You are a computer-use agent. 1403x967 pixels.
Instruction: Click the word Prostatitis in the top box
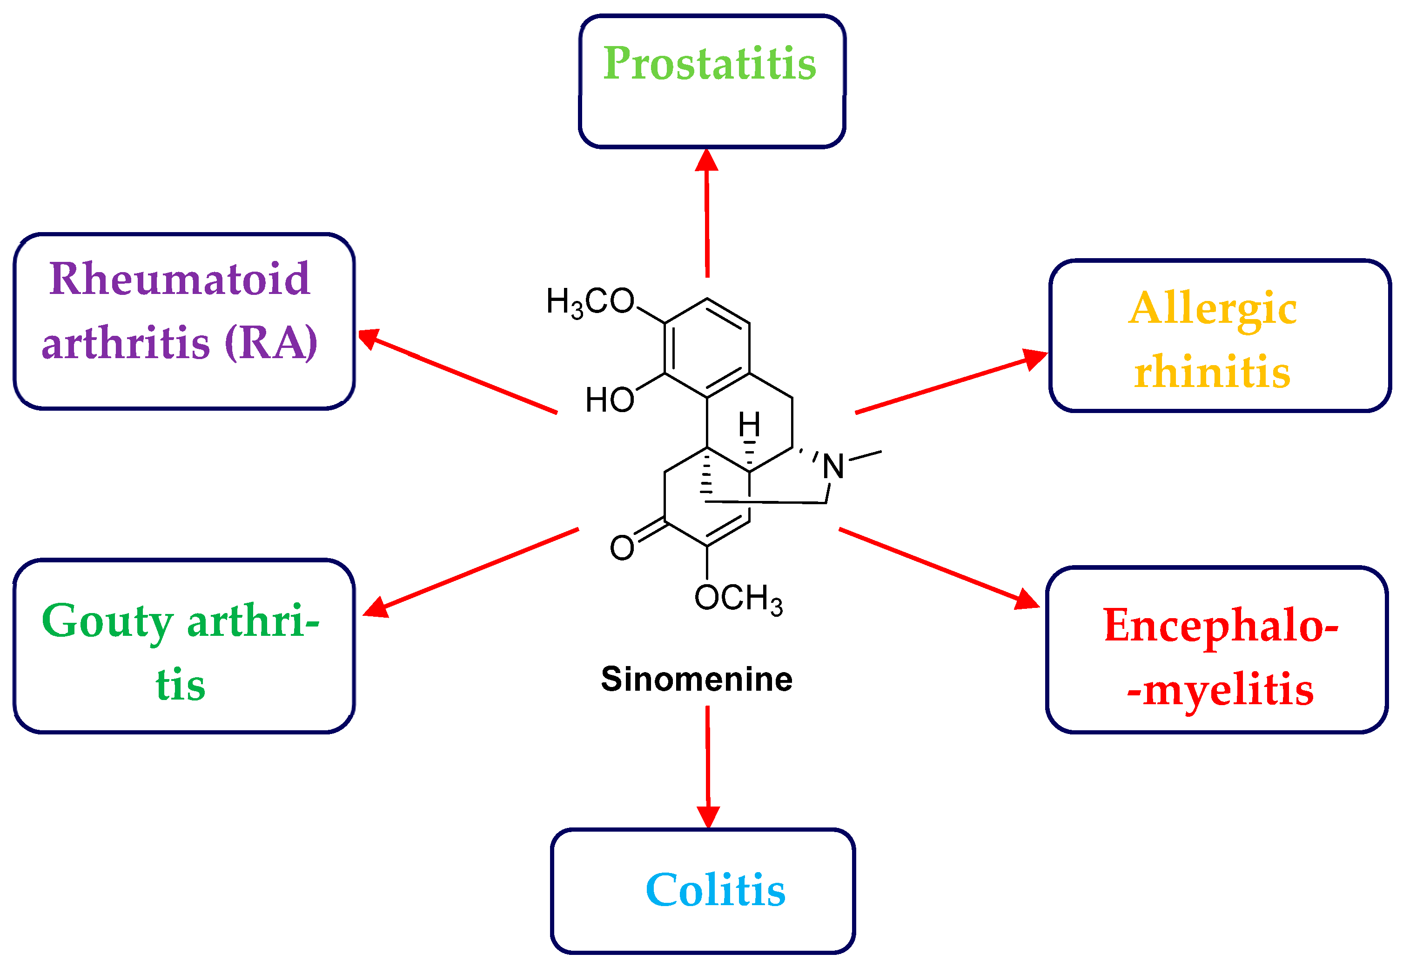point(710,64)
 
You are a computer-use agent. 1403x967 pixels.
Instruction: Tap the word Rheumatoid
point(180,280)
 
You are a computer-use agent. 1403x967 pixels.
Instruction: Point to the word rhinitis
point(1213,372)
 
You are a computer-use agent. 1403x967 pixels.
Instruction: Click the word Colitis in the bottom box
point(716,891)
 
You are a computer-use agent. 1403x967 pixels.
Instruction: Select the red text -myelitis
point(1221,691)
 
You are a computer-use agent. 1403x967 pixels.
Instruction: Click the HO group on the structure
point(610,400)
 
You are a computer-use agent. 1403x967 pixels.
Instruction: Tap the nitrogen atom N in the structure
point(833,467)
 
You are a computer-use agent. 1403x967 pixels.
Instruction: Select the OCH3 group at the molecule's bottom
point(738,599)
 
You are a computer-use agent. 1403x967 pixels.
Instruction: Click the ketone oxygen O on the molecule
point(622,548)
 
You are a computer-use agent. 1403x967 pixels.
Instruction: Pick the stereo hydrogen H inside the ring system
point(749,425)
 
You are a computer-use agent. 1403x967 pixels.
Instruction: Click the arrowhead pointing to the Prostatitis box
point(707,160)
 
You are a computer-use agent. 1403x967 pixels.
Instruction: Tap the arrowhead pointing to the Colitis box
point(708,817)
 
